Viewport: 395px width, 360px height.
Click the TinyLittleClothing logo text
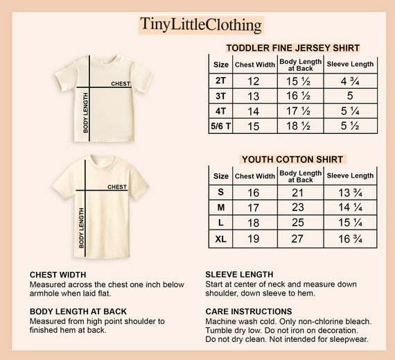pyautogui.click(x=201, y=24)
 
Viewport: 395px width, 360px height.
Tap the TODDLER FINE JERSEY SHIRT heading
pyautogui.click(x=293, y=48)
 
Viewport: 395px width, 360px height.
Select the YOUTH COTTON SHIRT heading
pyautogui.click(x=293, y=159)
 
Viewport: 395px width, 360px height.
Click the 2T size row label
pyautogui.click(x=220, y=80)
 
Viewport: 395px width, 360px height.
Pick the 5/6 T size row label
pyautogui.click(x=220, y=126)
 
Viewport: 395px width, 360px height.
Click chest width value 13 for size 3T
pyautogui.click(x=254, y=96)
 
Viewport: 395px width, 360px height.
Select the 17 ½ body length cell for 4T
pyautogui.click(x=300, y=111)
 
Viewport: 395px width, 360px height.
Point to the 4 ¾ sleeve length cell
pyautogui.click(x=350, y=80)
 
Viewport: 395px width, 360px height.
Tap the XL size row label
pyautogui.click(x=220, y=239)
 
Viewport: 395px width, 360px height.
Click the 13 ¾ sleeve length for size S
pyautogui.click(x=350, y=193)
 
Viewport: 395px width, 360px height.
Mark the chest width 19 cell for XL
pyautogui.click(x=254, y=239)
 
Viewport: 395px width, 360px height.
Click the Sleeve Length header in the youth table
pyautogui.click(x=350, y=176)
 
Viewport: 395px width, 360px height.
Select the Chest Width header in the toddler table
pyautogui.click(x=254, y=65)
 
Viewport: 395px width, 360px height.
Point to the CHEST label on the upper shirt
pyautogui.click(x=121, y=84)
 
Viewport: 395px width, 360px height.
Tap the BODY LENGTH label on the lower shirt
pyautogui.click(x=82, y=228)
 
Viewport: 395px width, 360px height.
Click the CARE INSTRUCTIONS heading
pyautogui.click(x=249, y=311)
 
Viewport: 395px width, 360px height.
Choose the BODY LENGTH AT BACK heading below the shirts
pyautogui.click(x=78, y=311)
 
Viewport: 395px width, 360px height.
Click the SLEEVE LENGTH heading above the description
pyautogui.click(x=239, y=274)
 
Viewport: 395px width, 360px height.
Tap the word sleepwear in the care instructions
pyautogui.click(x=349, y=339)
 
